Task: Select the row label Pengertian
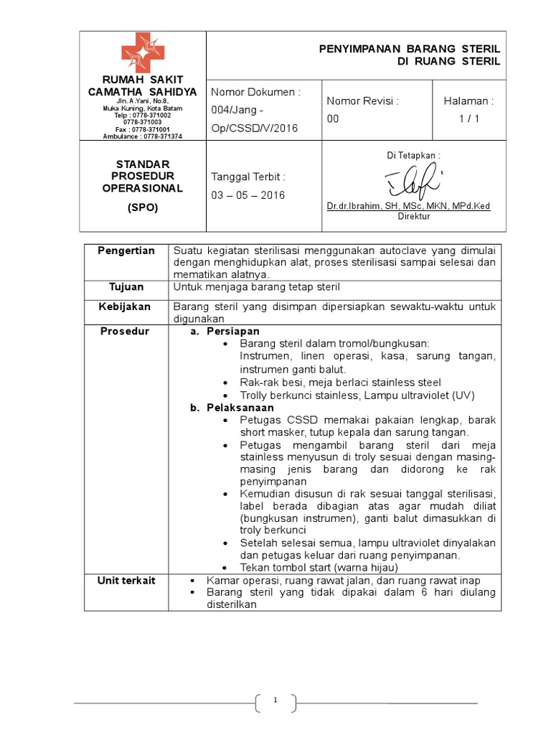(x=127, y=251)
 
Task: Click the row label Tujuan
(x=127, y=287)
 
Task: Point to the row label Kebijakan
(x=127, y=306)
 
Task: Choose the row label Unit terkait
(x=127, y=581)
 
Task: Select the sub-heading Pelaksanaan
(x=240, y=408)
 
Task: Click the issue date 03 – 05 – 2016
(x=248, y=195)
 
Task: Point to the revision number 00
(x=333, y=119)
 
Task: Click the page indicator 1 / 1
(x=468, y=119)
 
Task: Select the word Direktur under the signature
(x=413, y=216)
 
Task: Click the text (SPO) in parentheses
(x=142, y=208)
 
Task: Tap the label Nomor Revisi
(x=362, y=101)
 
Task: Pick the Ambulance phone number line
(x=142, y=136)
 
